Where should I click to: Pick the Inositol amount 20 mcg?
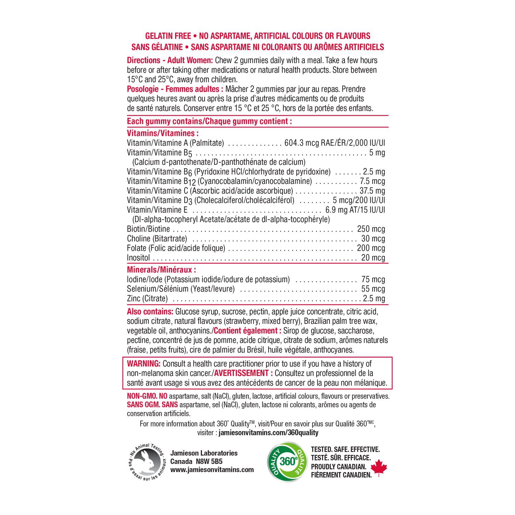(373, 258)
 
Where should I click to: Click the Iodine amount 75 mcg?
(373, 279)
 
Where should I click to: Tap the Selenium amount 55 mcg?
(373, 289)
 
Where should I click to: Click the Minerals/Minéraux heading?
(161, 270)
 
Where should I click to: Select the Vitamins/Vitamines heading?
(163, 133)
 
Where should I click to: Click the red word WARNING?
(144, 364)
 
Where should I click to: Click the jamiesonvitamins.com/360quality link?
(269, 433)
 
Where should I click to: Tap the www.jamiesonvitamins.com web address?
(212, 470)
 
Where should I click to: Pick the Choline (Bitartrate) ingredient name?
(157, 239)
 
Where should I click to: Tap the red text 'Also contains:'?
(150, 312)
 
